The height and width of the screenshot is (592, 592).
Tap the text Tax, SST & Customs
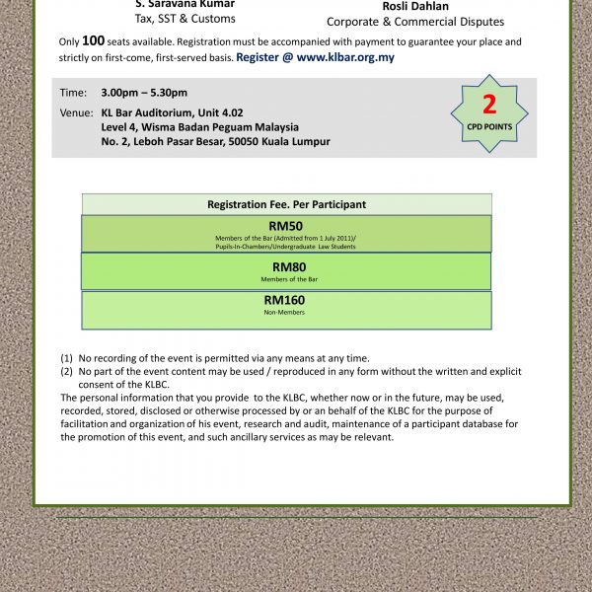click(x=185, y=19)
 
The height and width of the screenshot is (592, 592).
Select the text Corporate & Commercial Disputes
click(x=415, y=22)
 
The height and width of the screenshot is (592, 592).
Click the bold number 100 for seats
click(x=93, y=41)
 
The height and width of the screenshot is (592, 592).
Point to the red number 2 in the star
click(x=489, y=106)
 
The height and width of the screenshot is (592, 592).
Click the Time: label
click(x=73, y=93)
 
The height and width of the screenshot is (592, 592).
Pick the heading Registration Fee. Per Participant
click(x=286, y=204)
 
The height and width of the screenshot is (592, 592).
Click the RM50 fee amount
click(x=285, y=226)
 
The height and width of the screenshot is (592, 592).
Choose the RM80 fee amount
click(x=286, y=266)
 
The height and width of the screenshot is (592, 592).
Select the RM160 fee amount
click(x=285, y=300)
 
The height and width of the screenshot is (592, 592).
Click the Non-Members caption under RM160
click(x=285, y=313)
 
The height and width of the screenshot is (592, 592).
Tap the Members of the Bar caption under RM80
click(x=286, y=279)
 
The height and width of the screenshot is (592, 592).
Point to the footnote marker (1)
click(x=67, y=358)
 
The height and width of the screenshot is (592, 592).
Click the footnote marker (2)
click(x=67, y=372)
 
